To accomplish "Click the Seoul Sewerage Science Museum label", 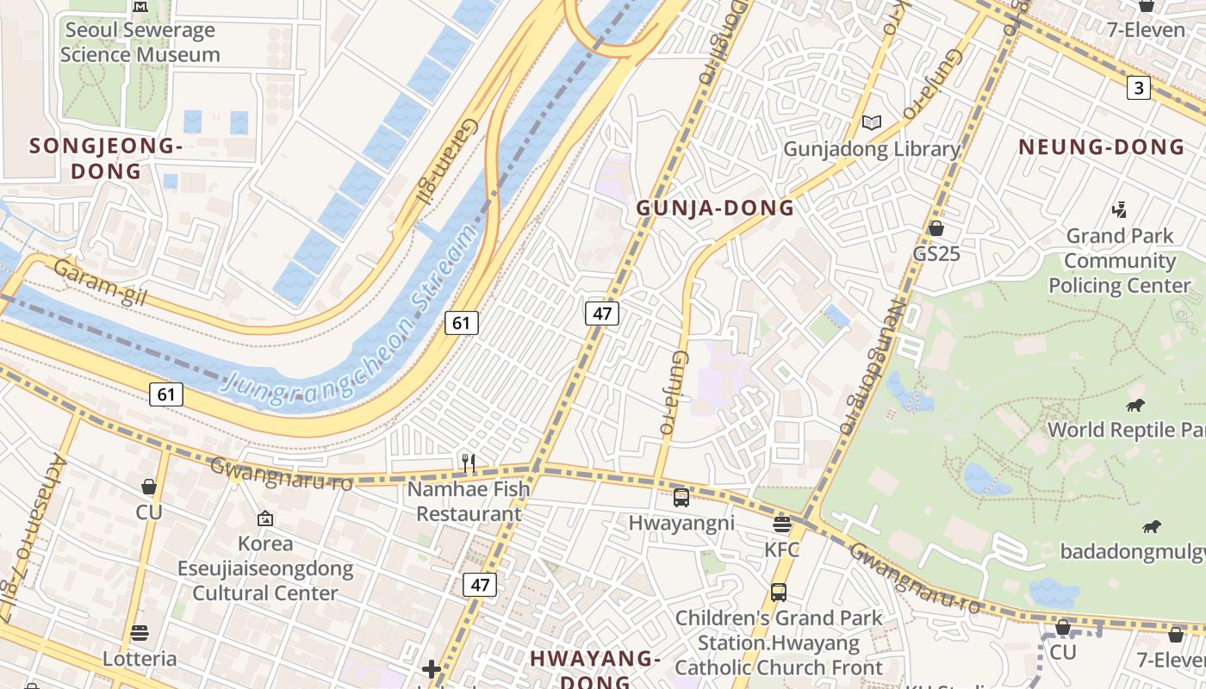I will point(140,42).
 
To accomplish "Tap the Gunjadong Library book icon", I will point(872,123).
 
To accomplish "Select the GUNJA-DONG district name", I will point(715,208).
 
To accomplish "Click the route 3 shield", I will point(1139,87).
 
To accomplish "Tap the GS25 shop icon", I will point(936,228).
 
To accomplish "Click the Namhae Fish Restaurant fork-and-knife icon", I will point(469,463).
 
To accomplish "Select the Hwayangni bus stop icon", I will point(681,497).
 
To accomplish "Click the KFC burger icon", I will point(782,524).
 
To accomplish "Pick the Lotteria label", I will point(140,659).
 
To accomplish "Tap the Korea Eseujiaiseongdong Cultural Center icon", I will point(265,518).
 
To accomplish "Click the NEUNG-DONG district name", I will point(1102,146).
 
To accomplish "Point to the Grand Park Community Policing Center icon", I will point(1119,209).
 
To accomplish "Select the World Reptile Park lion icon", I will point(1135,405).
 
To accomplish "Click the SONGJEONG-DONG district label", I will point(106,158).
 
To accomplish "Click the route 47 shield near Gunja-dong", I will point(601,313).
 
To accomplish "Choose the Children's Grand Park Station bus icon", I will point(779,593).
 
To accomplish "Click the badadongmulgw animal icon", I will point(1151,526).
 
